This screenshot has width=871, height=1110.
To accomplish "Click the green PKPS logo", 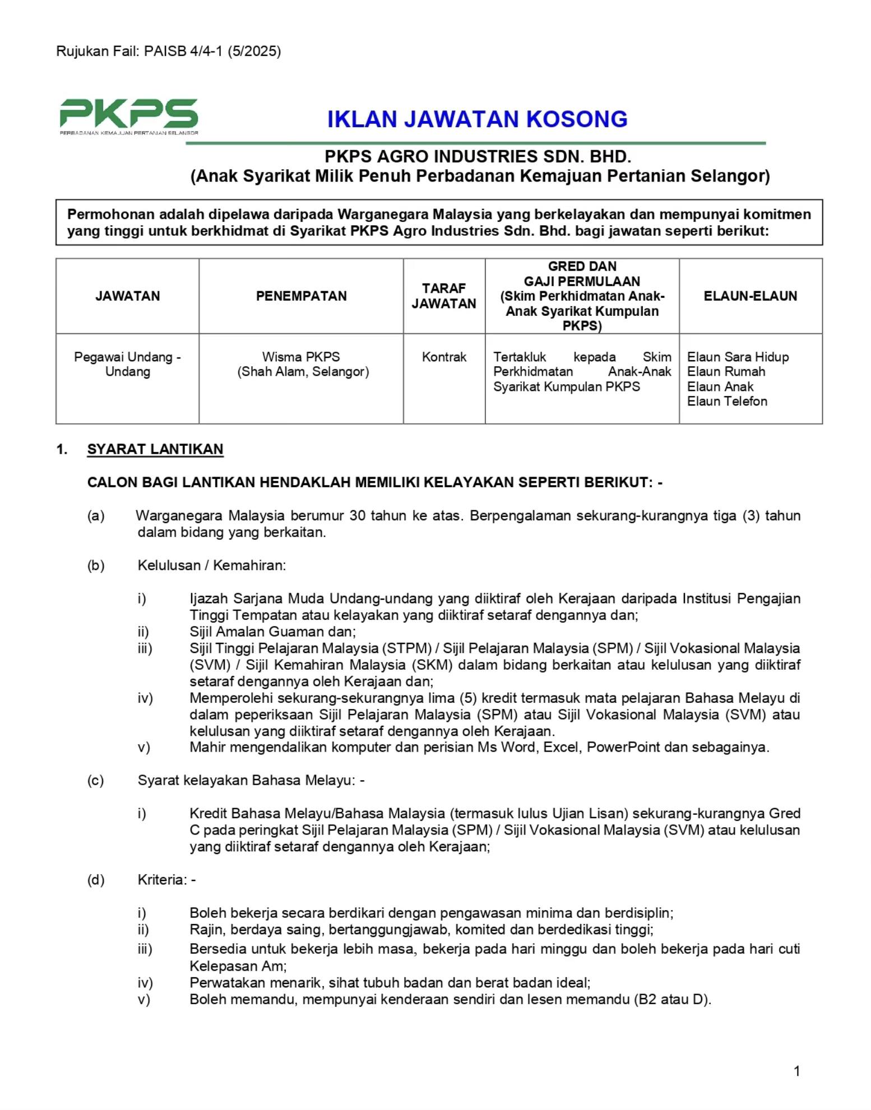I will [129, 115].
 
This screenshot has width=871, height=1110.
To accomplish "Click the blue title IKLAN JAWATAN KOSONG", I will [477, 119].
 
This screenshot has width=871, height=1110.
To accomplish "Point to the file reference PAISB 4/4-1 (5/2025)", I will [212, 52].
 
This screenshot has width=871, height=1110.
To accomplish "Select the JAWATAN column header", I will [127, 296].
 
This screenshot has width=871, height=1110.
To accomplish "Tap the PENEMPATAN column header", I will [301, 296].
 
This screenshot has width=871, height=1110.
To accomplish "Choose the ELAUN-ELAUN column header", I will [750, 296].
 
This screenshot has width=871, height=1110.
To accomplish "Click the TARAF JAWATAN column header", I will [443, 296].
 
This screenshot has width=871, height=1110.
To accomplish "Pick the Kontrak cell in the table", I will [444, 357].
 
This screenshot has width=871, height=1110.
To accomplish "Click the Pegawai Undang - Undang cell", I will [127, 364].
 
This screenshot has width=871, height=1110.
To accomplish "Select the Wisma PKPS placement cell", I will [301, 364].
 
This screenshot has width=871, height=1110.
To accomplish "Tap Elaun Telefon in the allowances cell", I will [727, 401].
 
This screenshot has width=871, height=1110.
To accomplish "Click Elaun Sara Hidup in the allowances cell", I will [738, 357].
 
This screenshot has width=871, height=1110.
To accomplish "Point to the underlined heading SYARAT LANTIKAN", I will [155, 449].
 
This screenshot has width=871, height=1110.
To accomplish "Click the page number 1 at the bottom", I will [796, 1071].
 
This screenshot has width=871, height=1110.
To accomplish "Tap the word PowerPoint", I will [623, 747].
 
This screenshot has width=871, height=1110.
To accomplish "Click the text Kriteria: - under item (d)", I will [166, 880].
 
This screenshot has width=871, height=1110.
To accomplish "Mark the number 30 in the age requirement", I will [357, 515].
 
